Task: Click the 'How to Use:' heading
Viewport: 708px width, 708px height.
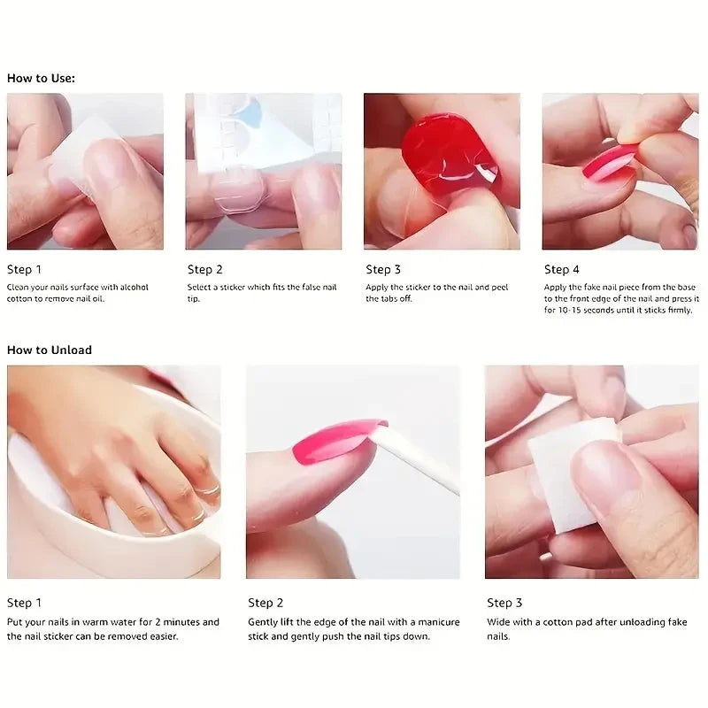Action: [41, 78]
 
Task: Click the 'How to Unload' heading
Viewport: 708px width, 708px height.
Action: [50, 350]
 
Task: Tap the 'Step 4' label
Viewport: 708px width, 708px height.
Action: [562, 269]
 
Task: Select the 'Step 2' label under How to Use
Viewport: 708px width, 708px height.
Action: [205, 269]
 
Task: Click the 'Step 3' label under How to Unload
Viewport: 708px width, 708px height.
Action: [504, 603]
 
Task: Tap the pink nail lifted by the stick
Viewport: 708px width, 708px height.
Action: [336, 439]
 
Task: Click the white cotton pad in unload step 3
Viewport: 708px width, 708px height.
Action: [566, 469]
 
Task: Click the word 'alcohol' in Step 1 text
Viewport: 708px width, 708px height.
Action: [132, 287]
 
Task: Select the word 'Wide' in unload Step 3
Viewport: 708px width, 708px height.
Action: [499, 622]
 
